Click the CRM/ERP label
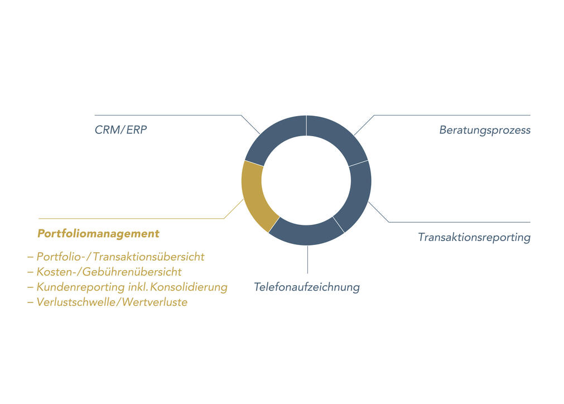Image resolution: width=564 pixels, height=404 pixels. (x=121, y=130)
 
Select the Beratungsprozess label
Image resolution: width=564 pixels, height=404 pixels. (x=485, y=130)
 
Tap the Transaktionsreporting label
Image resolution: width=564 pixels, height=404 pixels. (x=474, y=238)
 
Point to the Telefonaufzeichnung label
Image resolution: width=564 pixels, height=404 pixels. (x=307, y=287)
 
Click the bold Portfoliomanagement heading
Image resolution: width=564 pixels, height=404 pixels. (x=98, y=233)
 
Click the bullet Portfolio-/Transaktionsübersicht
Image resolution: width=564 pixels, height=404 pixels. (x=116, y=257)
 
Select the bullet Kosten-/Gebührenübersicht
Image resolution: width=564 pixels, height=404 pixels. (x=104, y=272)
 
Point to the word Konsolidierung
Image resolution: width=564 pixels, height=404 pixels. (x=189, y=287)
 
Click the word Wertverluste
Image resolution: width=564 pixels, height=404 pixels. (x=155, y=302)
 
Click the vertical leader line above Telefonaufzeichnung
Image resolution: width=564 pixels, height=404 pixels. (x=307, y=259)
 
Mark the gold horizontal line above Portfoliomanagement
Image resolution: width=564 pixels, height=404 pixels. (x=131, y=218)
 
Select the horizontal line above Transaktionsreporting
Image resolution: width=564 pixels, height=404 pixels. (x=460, y=222)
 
